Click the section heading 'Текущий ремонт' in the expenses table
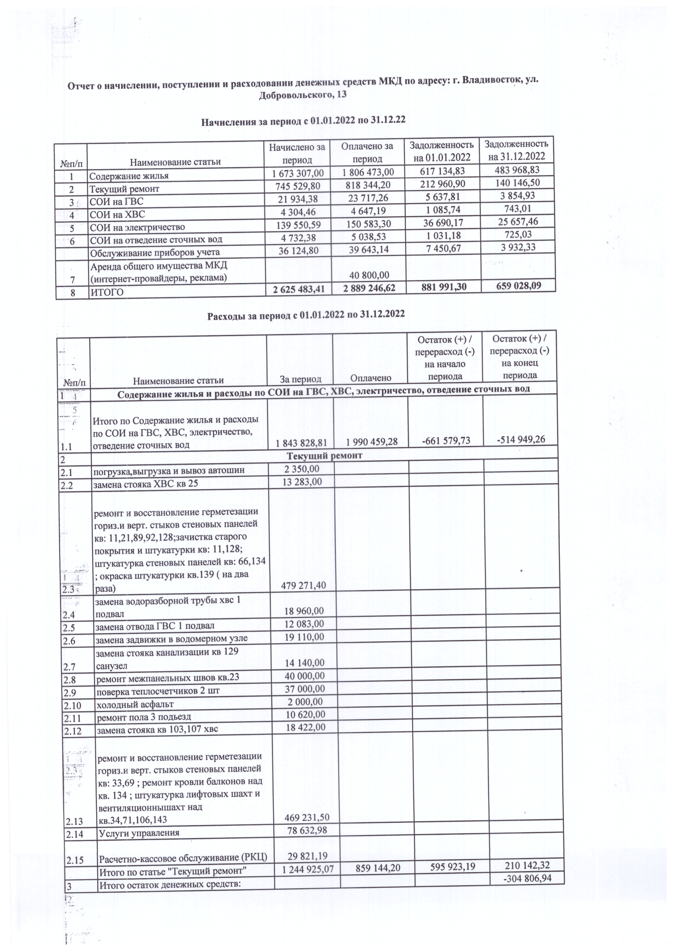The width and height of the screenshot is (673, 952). [324, 456]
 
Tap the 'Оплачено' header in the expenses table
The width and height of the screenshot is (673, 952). [371, 377]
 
